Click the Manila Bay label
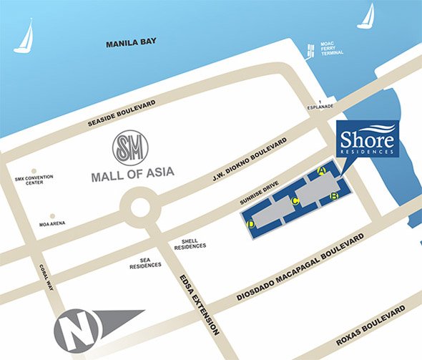(x=132, y=44)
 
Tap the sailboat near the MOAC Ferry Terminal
(x=366, y=16)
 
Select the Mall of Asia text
(x=132, y=174)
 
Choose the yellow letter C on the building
(x=294, y=201)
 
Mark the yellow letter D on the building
(x=250, y=225)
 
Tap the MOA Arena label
(x=51, y=223)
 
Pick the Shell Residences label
(x=190, y=243)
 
